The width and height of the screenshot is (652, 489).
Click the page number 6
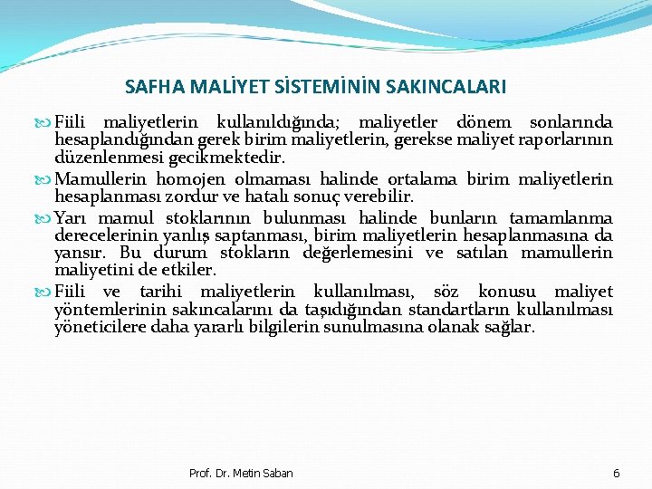pyautogui.click(x=617, y=474)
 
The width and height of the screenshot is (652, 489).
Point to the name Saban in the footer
pyautogui.click(x=275, y=474)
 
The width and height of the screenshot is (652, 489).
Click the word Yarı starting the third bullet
pyautogui.click(x=71, y=218)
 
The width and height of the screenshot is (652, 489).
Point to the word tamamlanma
pyautogui.click(x=561, y=218)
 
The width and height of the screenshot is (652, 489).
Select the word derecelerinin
pyautogui.click(x=107, y=235)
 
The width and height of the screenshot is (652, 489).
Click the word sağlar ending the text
pyautogui.click(x=510, y=326)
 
